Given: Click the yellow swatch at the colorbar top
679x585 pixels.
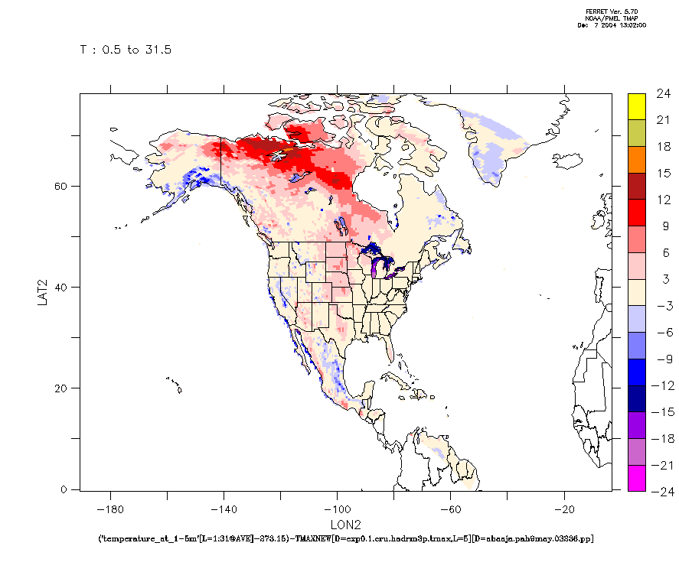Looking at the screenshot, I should (x=636, y=106).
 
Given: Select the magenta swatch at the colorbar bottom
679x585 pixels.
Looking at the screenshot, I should (x=636, y=478).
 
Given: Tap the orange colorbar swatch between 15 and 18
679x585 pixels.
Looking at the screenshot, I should (x=636, y=159).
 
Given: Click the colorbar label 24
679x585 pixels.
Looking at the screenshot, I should (x=663, y=94).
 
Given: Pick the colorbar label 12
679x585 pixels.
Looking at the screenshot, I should (x=663, y=200).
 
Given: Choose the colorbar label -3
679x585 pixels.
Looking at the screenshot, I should (x=662, y=306).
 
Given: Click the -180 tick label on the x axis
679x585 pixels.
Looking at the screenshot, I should (x=112, y=508).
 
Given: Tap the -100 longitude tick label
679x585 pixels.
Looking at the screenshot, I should (x=337, y=508).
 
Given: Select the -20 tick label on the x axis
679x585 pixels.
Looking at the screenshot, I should (x=564, y=508).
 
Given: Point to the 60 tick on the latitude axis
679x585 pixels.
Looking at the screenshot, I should (x=64, y=186).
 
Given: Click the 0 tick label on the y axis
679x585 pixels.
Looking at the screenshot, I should (x=65, y=489).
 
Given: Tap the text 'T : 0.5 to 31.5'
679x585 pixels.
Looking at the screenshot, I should (x=126, y=50).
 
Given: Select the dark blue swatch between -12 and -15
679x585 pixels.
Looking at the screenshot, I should (x=636, y=398).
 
